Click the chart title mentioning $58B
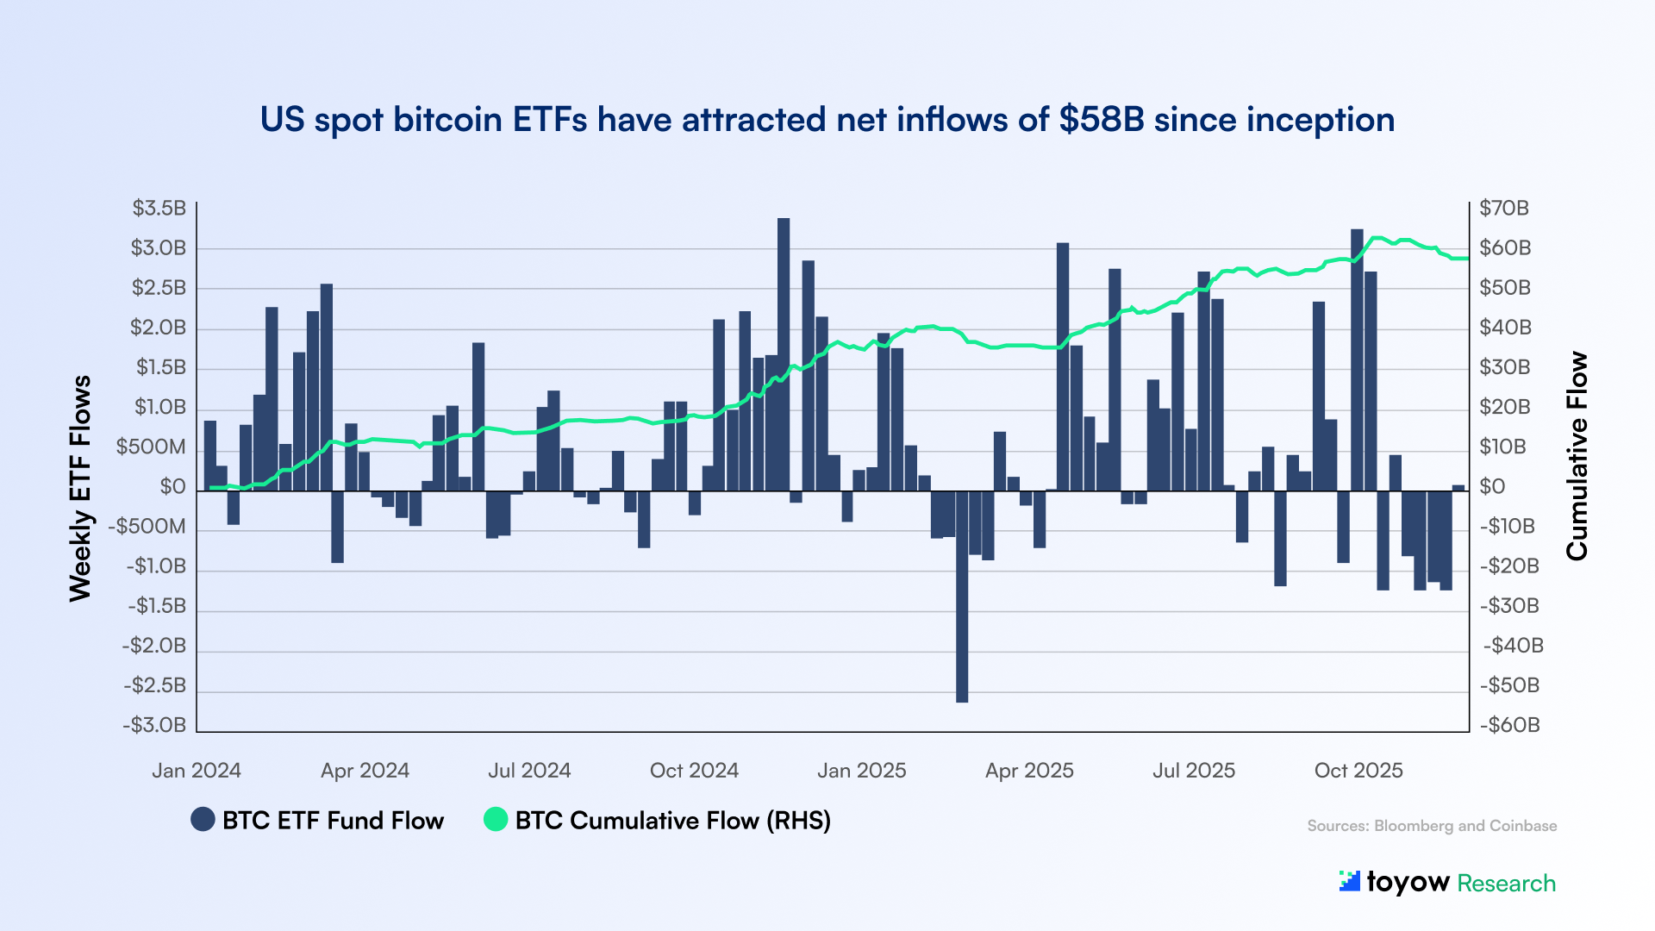pyautogui.click(x=827, y=120)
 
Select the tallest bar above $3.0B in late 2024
pyautogui.click(x=783, y=353)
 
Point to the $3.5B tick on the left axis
pyautogui.click(x=159, y=208)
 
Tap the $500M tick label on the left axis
pyautogui.click(x=151, y=447)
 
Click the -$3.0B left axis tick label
pyautogui.click(x=154, y=725)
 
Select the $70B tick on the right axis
pyautogui.click(x=1504, y=208)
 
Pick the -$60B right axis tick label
pyautogui.click(x=1509, y=725)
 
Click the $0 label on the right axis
pyautogui.click(x=1492, y=487)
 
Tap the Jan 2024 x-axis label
pyautogui.click(x=197, y=771)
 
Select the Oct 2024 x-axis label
pyautogui.click(x=694, y=771)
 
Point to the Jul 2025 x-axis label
pyautogui.click(x=1194, y=771)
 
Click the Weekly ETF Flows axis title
pyautogui.click(x=80, y=488)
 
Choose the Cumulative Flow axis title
pyautogui.click(x=1577, y=456)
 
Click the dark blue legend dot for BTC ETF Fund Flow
pyautogui.click(x=203, y=820)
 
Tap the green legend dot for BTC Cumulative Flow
pyautogui.click(x=496, y=820)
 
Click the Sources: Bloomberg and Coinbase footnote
pyautogui.click(x=1432, y=826)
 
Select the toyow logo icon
pyautogui.click(x=1349, y=881)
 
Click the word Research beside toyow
pyautogui.click(x=1506, y=884)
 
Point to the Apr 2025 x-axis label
pyautogui.click(x=1029, y=771)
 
